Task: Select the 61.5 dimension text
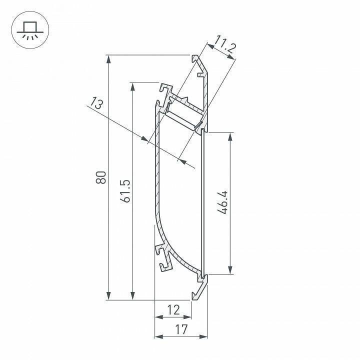[x=126, y=190]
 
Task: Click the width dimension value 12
[x=173, y=310]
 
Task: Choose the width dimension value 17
[x=181, y=329]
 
